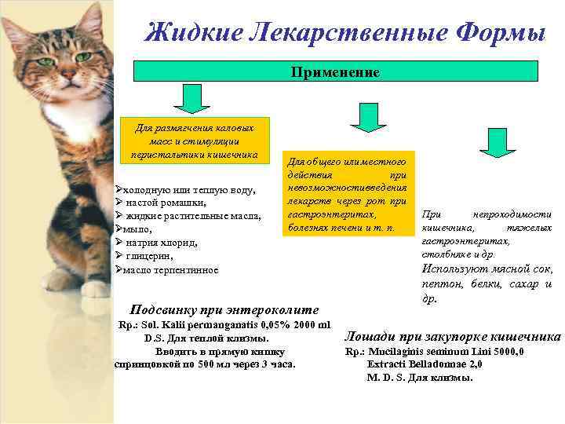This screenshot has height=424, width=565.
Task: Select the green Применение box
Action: (x=336, y=71)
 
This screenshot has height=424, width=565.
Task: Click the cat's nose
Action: (x=70, y=78)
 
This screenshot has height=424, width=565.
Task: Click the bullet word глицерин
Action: (x=151, y=256)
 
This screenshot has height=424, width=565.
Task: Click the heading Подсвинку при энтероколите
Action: (x=224, y=309)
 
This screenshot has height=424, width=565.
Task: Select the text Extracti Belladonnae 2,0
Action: (x=425, y=364)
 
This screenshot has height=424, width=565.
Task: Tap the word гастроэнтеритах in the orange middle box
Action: (x=332, y=214)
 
